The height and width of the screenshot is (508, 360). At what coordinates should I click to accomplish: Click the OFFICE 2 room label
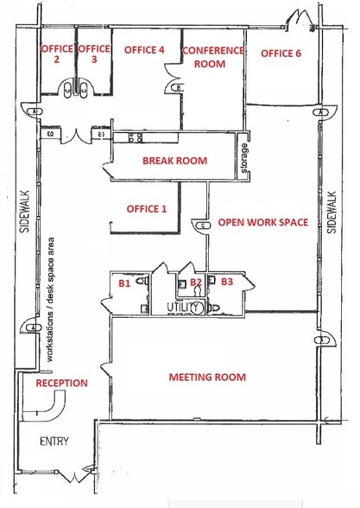tap(56, 54)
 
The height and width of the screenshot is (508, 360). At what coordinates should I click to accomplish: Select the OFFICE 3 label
tap(94, 54)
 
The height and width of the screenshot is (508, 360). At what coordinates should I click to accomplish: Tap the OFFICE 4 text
tap(144, 51)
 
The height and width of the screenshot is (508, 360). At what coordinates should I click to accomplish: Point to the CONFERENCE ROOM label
tap(213, 57)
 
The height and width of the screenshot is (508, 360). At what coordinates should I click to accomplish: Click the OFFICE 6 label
tap(281, 54)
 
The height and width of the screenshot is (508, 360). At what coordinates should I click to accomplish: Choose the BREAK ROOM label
tap(174, 161)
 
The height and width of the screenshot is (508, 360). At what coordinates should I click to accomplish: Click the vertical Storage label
tap(244, 161)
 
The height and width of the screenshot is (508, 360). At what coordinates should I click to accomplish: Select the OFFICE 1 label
tap(147, 209)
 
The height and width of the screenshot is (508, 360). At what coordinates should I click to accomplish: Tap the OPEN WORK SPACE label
tap(262, 223)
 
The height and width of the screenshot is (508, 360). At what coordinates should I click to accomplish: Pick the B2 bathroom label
tap(196, 282)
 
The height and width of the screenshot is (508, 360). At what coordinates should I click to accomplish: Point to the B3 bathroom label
tap(226, 282)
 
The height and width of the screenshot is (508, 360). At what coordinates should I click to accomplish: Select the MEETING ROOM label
tap(207, 377)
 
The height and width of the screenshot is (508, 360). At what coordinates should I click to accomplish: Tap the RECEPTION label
tap(61, 383)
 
